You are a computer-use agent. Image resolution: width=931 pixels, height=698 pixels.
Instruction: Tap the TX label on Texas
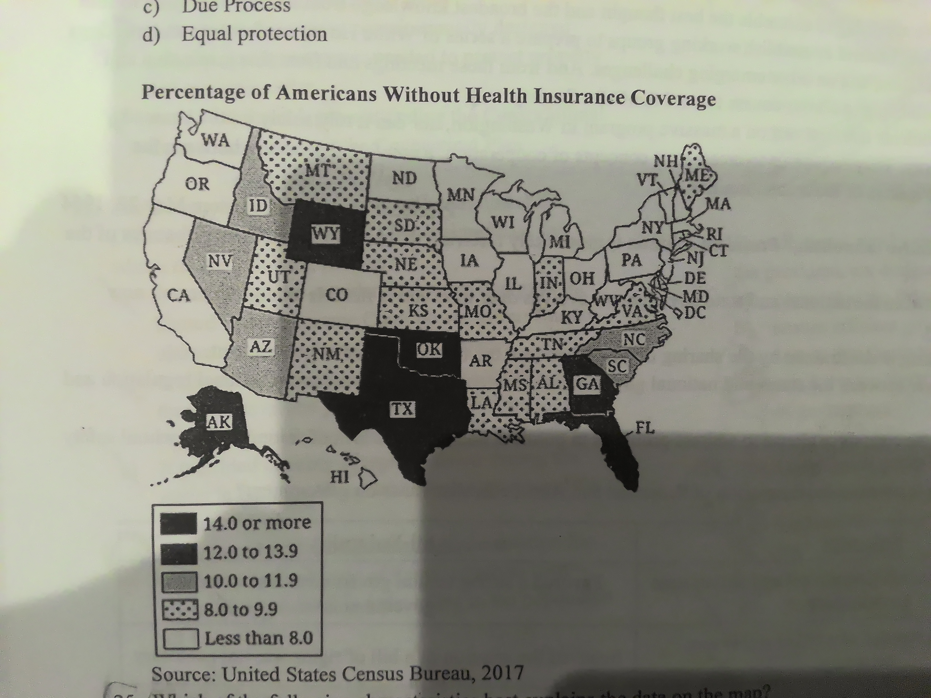pyautogui.click(x=402, y=409)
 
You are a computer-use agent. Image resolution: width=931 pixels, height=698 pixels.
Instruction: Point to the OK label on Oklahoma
pyautogui.click(x=429, y=350)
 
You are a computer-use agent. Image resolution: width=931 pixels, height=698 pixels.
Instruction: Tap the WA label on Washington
pyautogui.click(x=216, y=140)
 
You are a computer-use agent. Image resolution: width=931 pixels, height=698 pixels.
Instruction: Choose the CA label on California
pyautogui.click(x=179, y=295)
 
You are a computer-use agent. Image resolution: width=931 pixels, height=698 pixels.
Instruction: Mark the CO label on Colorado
pyautogui.click(x=337, y=295)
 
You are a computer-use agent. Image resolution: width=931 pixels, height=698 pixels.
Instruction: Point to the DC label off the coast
pyautogui.click(x=695, y=313)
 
